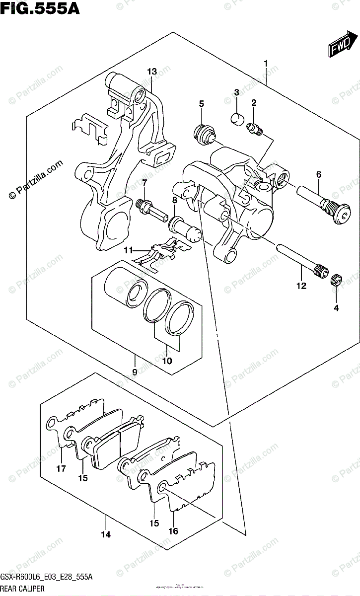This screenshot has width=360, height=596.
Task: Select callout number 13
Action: pyautogui.click(x=151, y=72)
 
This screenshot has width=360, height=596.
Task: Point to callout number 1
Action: pyautogui.click(x=266, y=63)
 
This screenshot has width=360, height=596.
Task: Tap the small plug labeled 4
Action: pyautogui.click(x=336, y=280)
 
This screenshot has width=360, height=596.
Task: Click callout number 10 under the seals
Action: pyautogui.click(x=167, y=361)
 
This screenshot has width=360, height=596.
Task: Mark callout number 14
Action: pyautogui.click(x=105, y=534)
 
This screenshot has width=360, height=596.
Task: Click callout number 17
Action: pyautogui.click(x=61, y=468)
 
